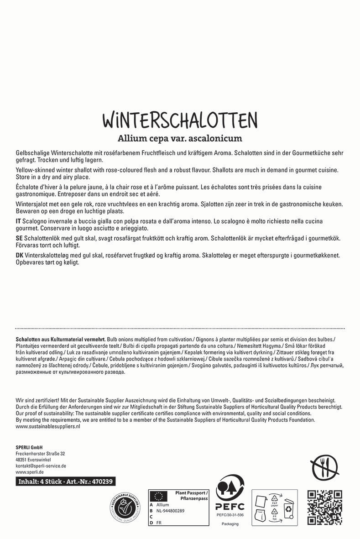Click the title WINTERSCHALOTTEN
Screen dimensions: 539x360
pyautogui.click(x=180, y=120)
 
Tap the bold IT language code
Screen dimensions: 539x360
pyautogui.click(x=19, y=221)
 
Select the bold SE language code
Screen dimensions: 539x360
pyautogui.click(x=19, y=239)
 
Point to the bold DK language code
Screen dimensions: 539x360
pyautogui.click(x=20, y=256)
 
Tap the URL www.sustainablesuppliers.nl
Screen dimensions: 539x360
pyautogui.click(x=48, y=426)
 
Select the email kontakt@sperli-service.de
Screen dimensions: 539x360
pyautogui.click(x=41, y=466)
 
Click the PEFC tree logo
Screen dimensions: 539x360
pyautogui.click(x=230, y=490)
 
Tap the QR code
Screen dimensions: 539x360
pyautogui.click(x=324, y=507)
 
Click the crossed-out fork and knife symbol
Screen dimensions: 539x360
pyautogui.click(x=324, y=468)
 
